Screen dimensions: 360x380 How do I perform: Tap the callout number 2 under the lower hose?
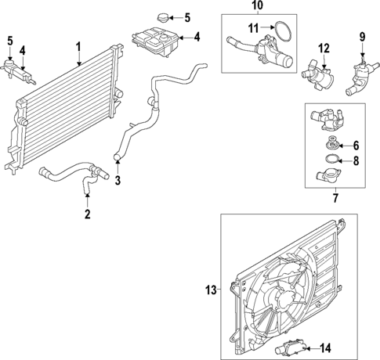coord(87,213)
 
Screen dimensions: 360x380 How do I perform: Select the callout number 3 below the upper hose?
coord(118,182)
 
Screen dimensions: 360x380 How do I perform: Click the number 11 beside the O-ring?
coord(252,28)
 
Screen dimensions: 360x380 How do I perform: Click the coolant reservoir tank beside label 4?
coord(158,38)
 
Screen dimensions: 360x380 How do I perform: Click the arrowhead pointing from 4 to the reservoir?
coord(184,37)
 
